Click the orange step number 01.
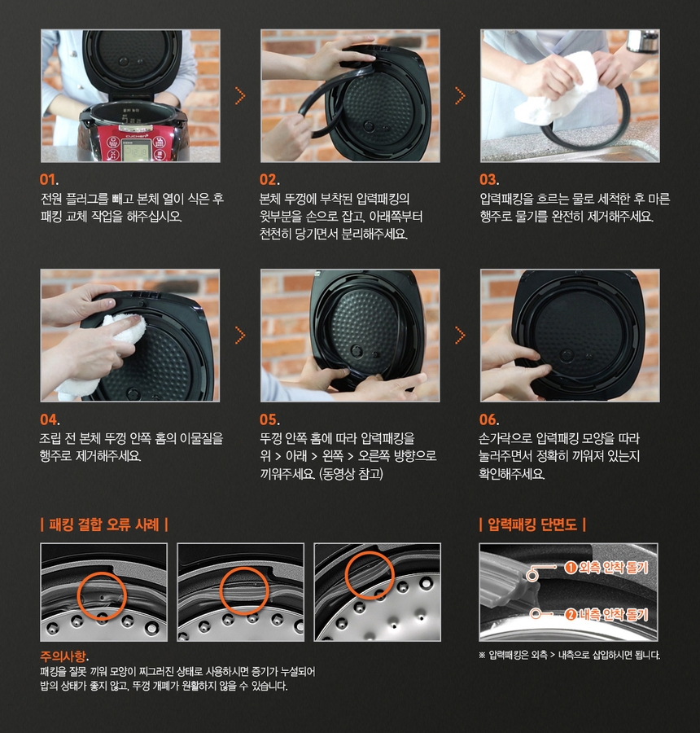coord(49,179)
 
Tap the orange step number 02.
coord(269,179)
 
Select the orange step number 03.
coord(489,179)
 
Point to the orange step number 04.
coord(50,419)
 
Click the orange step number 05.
coord(269,419)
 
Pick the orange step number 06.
coord(489,419)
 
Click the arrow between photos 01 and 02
coord(240,96)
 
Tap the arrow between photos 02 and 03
coord(460,96)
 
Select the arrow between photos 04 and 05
coord(240,336)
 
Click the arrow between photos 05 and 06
coord(460,336)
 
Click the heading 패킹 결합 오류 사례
coord(104,525)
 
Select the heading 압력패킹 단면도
coord(532,525)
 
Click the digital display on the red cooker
coord(135,151)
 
